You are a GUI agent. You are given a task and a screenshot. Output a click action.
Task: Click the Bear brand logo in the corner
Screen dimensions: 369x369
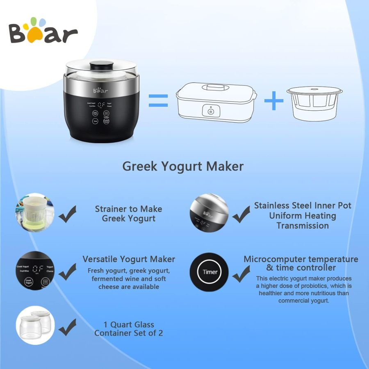43,32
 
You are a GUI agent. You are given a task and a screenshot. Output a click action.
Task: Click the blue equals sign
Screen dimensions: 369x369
158,100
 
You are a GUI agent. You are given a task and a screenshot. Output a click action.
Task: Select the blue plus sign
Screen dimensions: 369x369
274,100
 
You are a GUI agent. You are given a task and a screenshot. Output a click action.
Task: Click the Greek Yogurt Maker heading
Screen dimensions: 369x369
183,166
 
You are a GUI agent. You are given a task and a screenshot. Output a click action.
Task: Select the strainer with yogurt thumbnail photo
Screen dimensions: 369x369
35,213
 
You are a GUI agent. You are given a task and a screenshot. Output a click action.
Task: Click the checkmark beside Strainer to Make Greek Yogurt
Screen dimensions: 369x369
68,215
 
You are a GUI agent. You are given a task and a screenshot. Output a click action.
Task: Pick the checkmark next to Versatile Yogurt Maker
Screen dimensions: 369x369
68,271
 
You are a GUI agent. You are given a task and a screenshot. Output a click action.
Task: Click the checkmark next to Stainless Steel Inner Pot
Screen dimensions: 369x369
241,214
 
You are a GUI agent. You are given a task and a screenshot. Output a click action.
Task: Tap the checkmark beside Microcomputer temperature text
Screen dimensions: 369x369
241,273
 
